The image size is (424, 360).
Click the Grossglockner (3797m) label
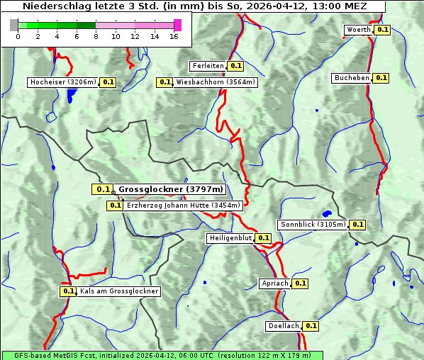pyautogui.click(x=170, y=189)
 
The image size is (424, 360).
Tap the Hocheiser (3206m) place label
pyautogui.click(x=63, y=82)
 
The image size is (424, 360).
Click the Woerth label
pyautogui.click(x=358, y=30)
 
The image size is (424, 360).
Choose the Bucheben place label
pyautogui.click(x=352, y=78)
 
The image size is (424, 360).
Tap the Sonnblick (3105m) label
pyautogui.click(x=313, y=225)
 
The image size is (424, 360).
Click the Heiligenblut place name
pyautogui.click(x=230, y=238)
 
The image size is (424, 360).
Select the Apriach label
pyautogui.click(x=275, y=283)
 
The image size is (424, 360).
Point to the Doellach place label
pyautogui.click(x=284, y=326)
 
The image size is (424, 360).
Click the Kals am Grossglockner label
pyautogui.click(x=119, y=291)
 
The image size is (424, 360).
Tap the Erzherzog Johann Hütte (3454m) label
pyautogui.click(x=183, y=206)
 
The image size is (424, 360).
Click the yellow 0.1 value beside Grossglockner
pyautogui.click(x=103, y=189)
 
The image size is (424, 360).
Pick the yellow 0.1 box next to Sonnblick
pyautogui.click(x=357, y=225)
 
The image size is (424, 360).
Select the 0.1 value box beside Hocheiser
pyautogui.click(x=108, y=82)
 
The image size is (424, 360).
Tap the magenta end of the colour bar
pyautogui.click(x=177, y=25)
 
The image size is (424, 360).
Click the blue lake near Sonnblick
pyautogui.click(x=327, y=213)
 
